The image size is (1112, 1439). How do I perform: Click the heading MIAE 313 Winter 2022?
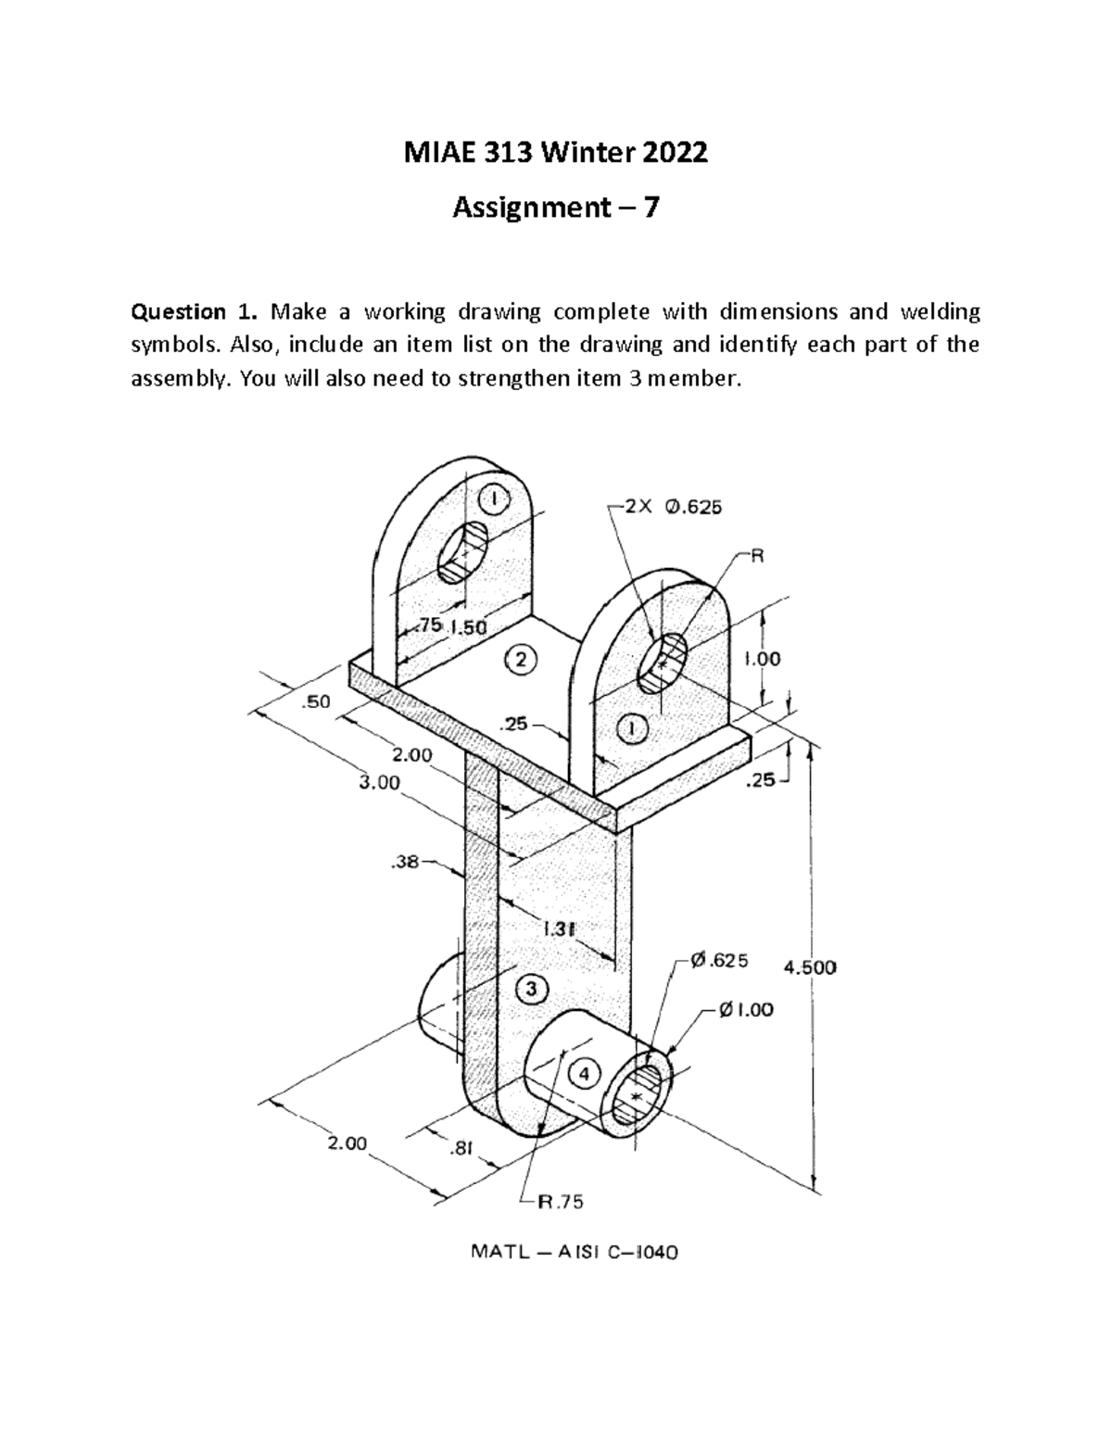pyautogui.click(x=556, y=152)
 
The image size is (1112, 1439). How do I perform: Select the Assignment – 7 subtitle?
pyautogui.click(x=556, y=209)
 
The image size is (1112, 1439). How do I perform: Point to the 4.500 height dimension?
pyautogui.click(x=810, y=967)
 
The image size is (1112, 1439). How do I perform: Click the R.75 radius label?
pyautogui.click(x=562, y=1203)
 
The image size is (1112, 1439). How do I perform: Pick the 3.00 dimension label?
pyautogui.click(x=379, y=782)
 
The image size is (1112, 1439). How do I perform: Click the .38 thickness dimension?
pyautogui.click(x=405, y=863)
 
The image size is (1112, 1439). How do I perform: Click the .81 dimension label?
pyautogui.click(x=461, y=1149)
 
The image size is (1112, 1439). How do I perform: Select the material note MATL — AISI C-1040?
pyautogui.click(x=575, y=1253)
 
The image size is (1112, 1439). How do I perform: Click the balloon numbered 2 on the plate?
pyautogui.click(x=522, y=660)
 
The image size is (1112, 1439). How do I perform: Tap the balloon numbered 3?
pyautogui.click(x=531, y=989)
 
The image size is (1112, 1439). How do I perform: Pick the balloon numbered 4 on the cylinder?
pyautogui.click(x=584, y=1074)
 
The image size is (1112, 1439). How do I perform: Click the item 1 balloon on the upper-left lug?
pyautogui.click(x=496, y=499)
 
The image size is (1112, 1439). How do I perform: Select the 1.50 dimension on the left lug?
pyautogui.click(x=468, y=626)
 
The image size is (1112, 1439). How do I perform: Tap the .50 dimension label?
pyautogui.click(x=316, y=702)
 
